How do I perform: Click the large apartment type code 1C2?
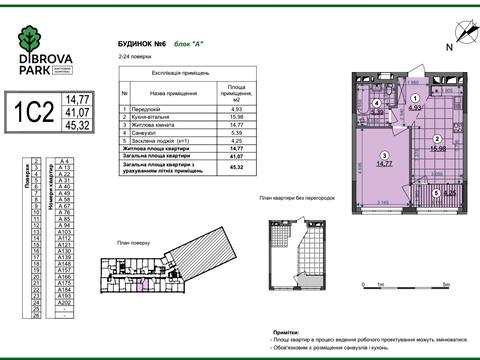coord(32,113)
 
